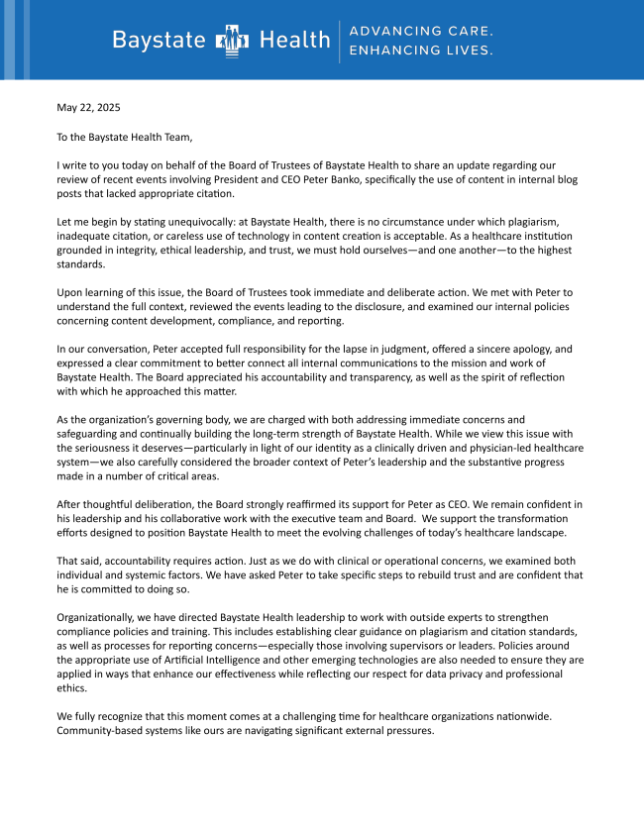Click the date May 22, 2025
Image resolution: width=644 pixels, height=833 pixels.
[x=88, y=107]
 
